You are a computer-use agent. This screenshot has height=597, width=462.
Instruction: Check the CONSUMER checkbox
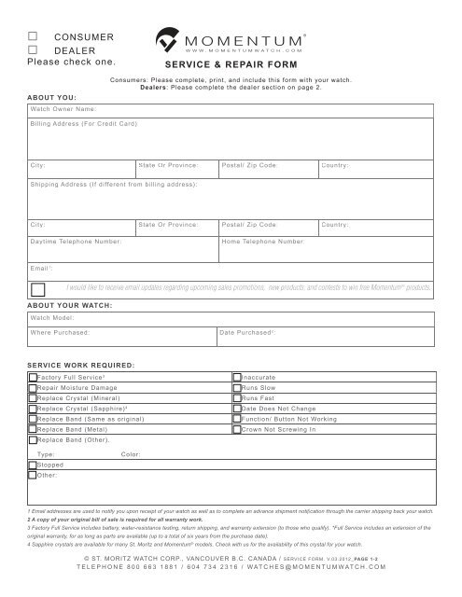[34, 36]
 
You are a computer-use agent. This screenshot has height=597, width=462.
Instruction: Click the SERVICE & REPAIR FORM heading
[230, 67]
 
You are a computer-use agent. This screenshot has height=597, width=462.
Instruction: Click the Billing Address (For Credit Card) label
[84, 123]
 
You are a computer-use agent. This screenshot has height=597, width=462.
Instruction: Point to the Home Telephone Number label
[263, 241]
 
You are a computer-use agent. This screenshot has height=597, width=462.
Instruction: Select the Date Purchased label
[246, 332]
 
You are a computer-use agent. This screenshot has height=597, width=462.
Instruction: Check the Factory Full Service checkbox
[33, 375]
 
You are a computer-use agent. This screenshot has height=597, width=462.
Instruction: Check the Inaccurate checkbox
[237, 375]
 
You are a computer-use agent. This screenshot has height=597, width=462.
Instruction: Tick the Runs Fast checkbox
[237, 396]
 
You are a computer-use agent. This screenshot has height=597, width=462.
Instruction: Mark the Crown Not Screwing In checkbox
[237, 429]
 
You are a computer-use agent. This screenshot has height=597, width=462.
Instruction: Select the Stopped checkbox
[33, 464]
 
